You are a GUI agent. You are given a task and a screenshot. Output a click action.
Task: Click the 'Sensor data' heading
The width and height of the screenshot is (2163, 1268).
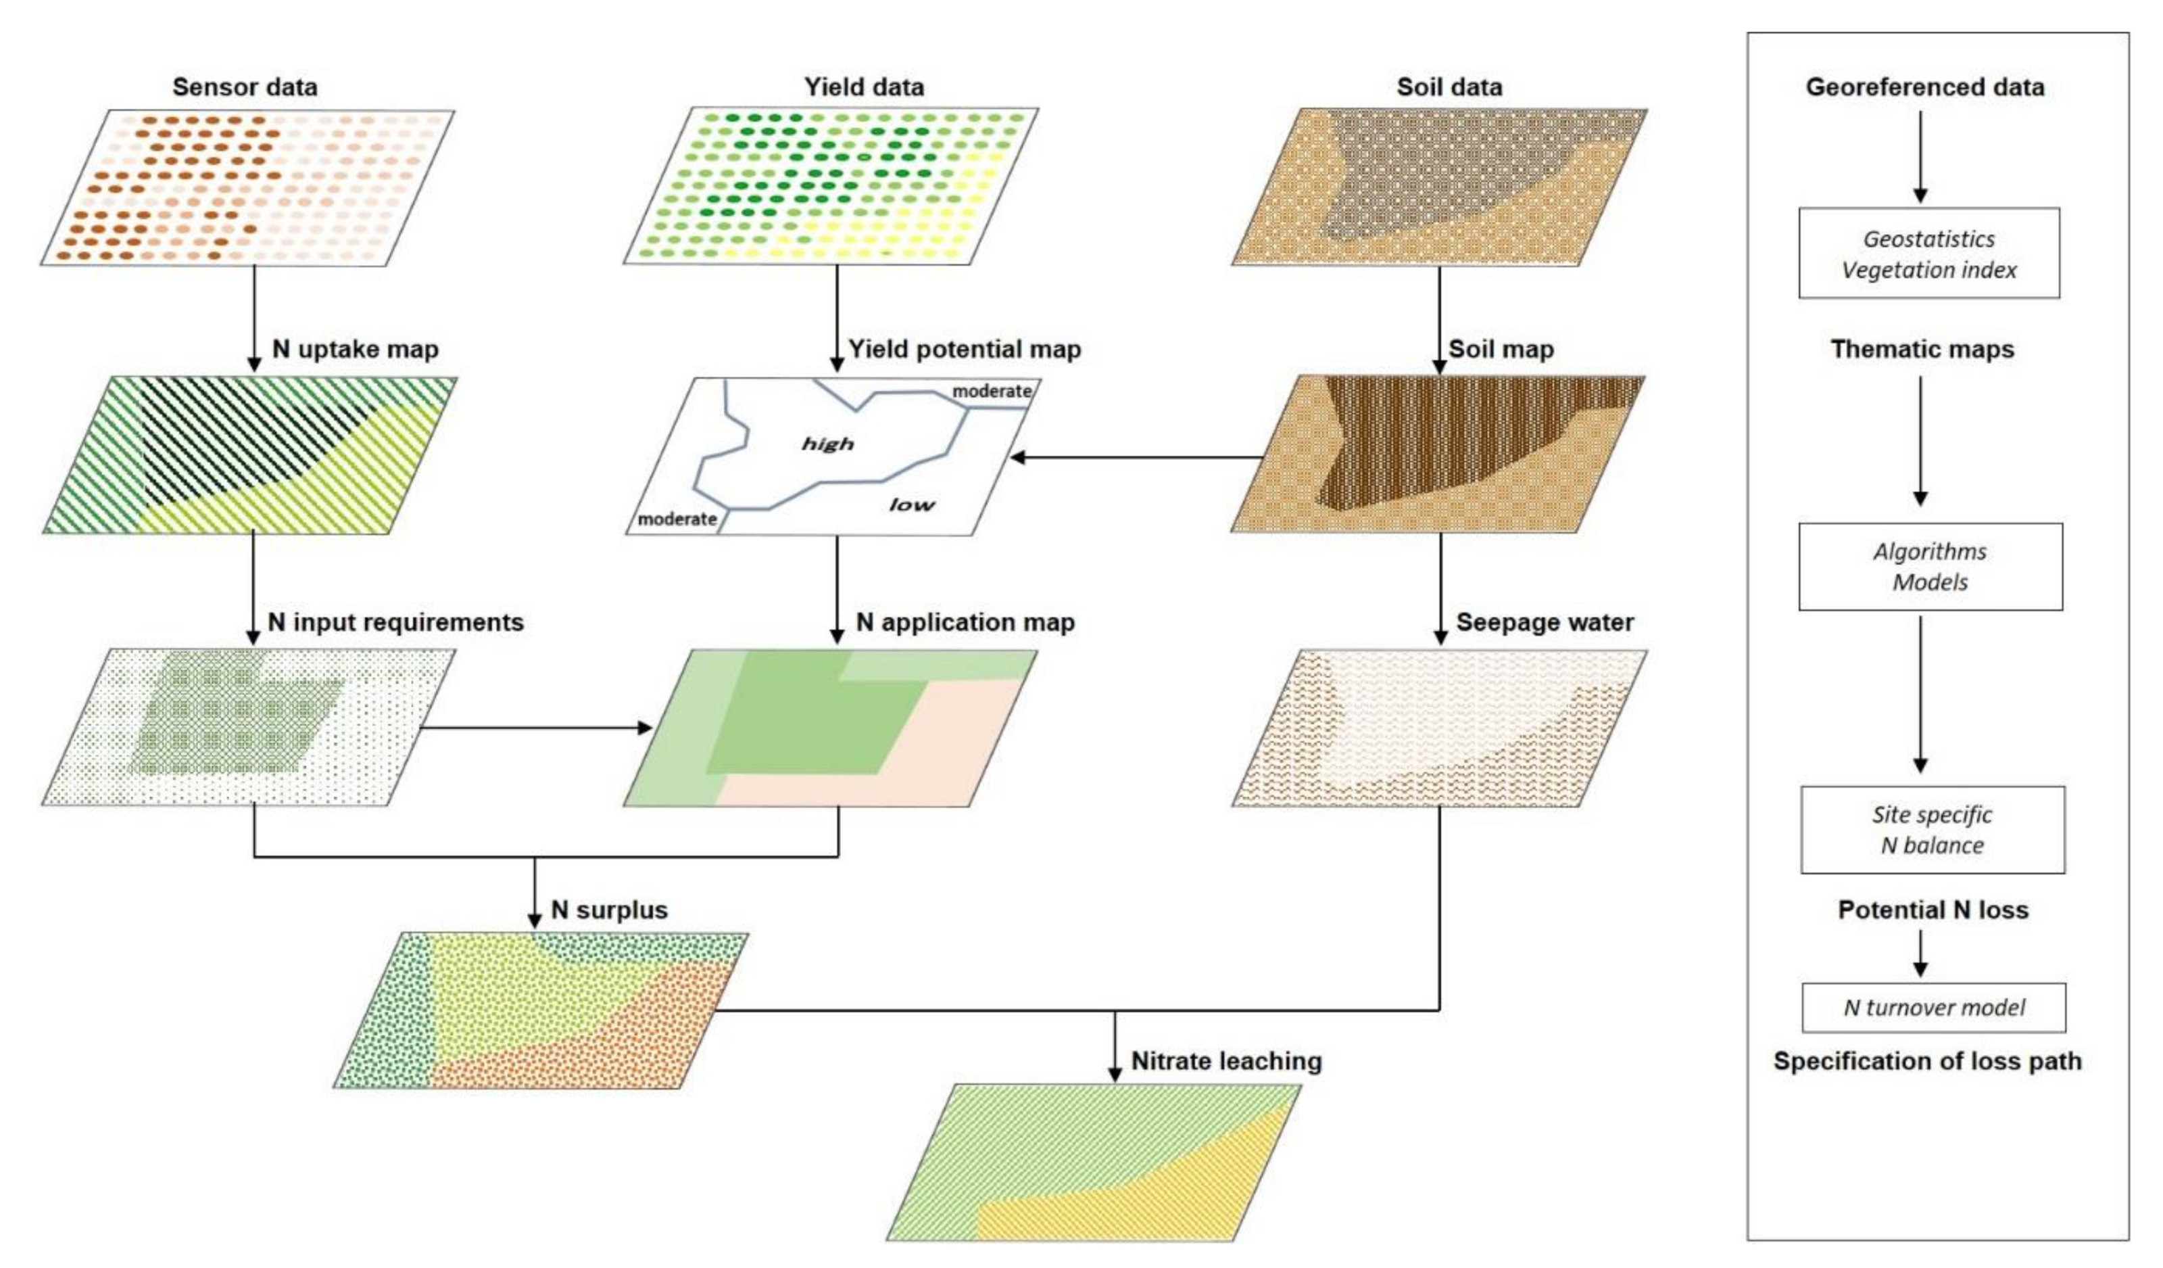pyautogui.click(x=245, y=87)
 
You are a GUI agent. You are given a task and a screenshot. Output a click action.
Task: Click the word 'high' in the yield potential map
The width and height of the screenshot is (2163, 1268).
pyautogui.click(x=827, y=444)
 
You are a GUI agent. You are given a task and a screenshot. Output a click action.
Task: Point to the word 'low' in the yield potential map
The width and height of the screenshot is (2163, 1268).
pyautogui.click(x=910, y=504)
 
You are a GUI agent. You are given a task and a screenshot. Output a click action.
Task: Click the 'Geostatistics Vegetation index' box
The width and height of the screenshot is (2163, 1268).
pyautogui.click(x=1928, y=253)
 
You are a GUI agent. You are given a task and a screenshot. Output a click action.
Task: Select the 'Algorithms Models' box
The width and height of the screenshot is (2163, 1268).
pyautogui.click(x=1930, y=567)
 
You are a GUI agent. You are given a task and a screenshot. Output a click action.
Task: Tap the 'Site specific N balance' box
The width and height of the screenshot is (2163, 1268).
pyautogui.click(x=1932, y=829)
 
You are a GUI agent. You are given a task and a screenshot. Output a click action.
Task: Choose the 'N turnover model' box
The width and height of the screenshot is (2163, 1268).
pyautogui.click(x=1933, y=1007)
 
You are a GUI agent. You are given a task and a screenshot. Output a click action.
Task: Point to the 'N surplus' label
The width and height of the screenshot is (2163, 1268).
pyautogui.click(x=608, y=910)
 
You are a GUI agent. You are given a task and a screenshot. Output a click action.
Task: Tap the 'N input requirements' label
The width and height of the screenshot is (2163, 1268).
pyautogui.click(x=395, y=622)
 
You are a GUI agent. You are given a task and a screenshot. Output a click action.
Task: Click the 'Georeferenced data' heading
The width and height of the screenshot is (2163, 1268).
pyautogui.click(x=1924, y=87)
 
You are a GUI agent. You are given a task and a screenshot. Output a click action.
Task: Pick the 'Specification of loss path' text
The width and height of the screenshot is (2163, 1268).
pyautogui.click(x=1927, y=1061)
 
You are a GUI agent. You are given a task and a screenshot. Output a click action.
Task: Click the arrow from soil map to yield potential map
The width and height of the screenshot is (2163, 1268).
pyautogui.click(x=1133, y=458)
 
